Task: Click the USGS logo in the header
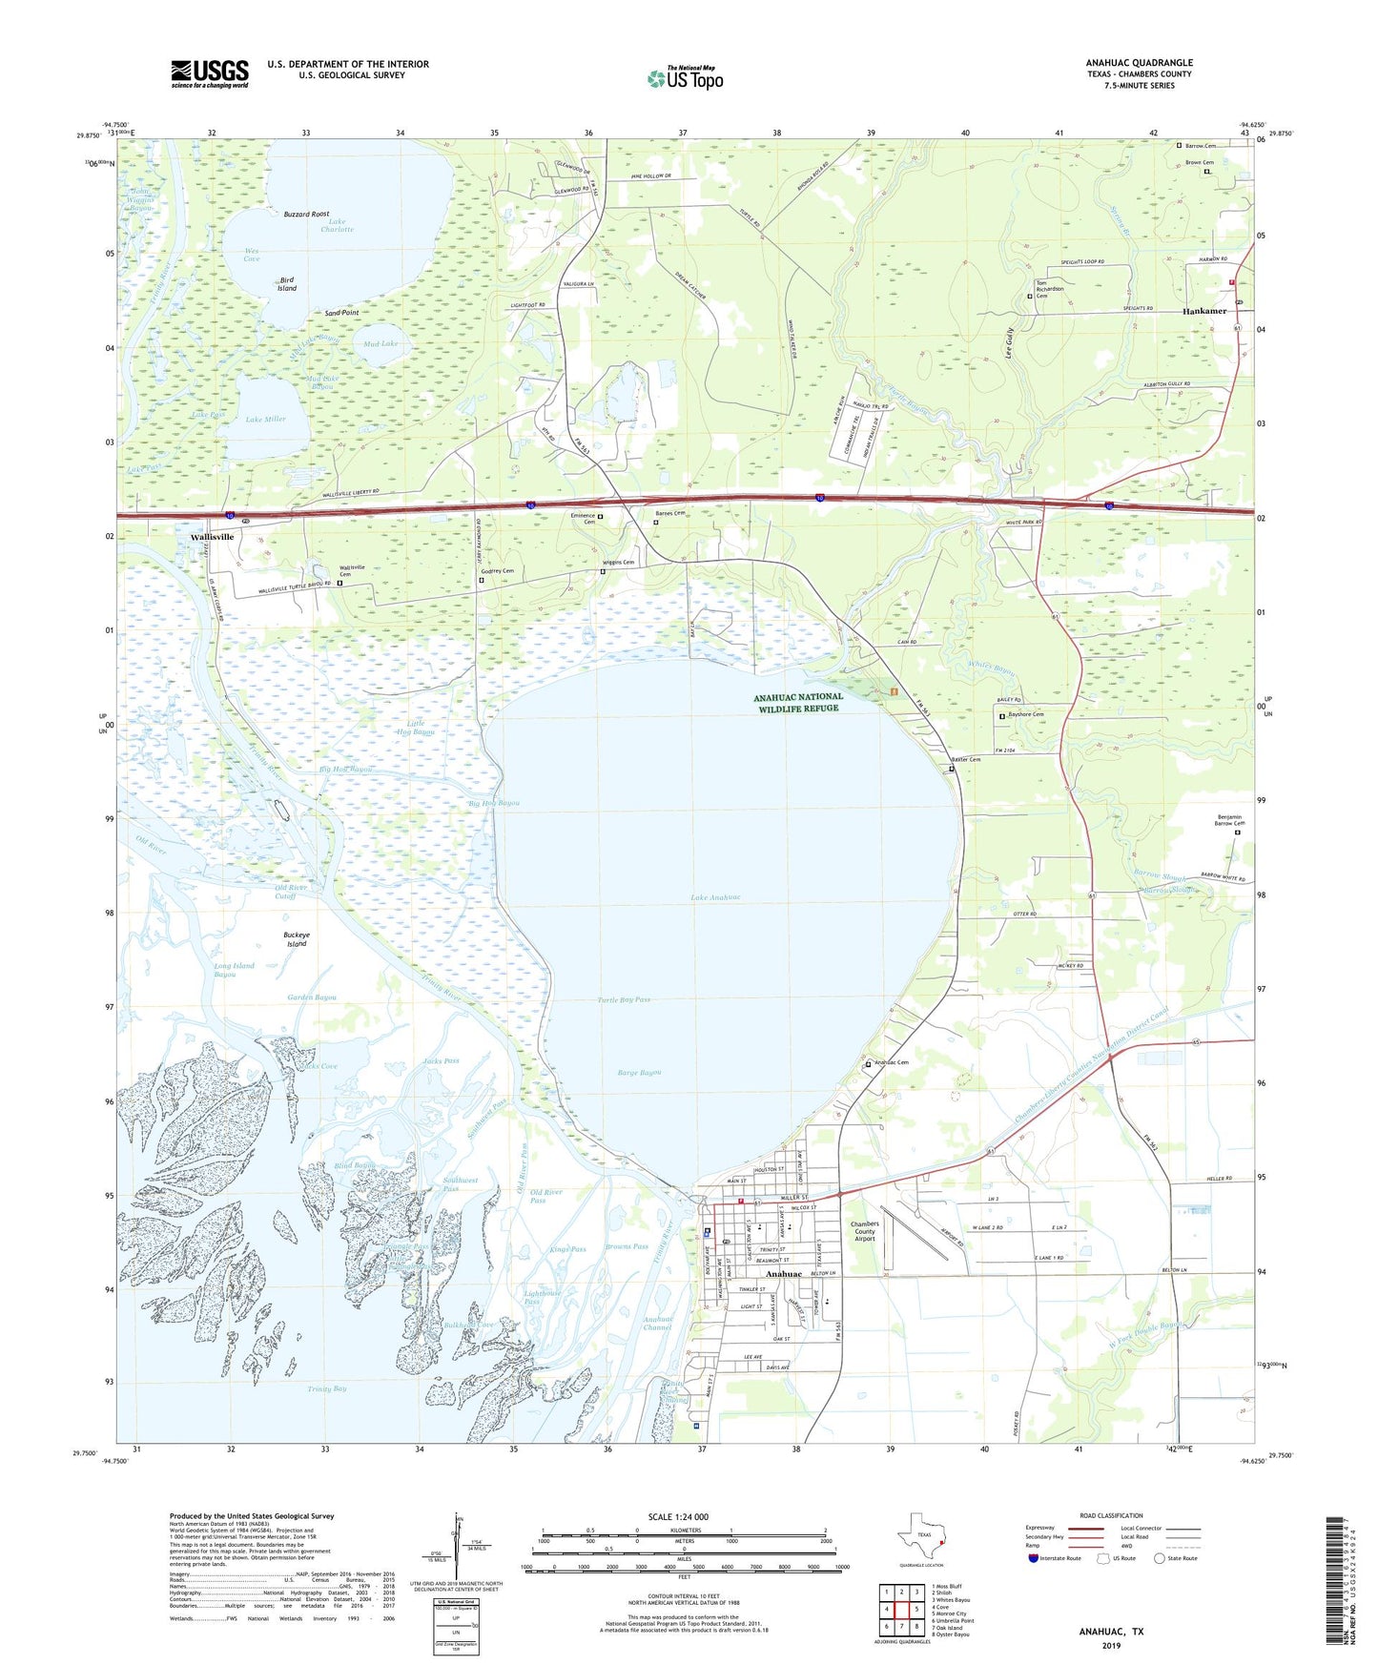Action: (210, 73)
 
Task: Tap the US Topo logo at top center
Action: (685, 77)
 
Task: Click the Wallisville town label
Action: (212, 537)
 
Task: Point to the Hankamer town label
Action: (1204, 311)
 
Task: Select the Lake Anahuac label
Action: (715, 897)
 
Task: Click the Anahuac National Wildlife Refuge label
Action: (798, 702)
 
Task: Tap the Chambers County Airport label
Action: (865, 1231)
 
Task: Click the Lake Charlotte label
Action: (337, 225)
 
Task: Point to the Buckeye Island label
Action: (297, 939)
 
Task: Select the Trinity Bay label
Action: (327, 1388)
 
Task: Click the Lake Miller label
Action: (266, 420)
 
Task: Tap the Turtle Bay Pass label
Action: (624, 999)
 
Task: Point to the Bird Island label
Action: (287, 284)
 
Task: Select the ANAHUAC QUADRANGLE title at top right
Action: (1139, 63)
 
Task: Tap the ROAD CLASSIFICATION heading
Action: (1111, 1515)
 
